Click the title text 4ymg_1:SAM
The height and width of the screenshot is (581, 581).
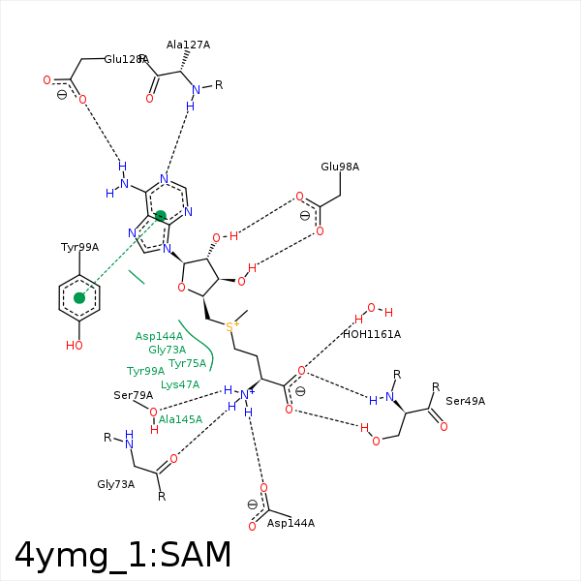[123, 555]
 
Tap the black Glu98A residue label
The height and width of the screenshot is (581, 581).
[340, 167]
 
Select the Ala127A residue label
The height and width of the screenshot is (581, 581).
[188, 45]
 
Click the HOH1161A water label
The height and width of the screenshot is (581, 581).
[371, 334]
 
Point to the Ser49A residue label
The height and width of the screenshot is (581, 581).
[465, 401]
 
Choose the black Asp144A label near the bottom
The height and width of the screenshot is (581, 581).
[290, 523]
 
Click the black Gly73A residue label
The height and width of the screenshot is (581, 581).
[116, 483]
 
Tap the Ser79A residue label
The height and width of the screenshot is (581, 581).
[133, 395]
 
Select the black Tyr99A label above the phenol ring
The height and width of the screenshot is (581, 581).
[79, 247]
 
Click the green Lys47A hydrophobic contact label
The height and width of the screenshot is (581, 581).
[180, 384]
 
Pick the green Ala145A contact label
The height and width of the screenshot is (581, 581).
[180, 419]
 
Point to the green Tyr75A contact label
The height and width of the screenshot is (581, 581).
[188, 363]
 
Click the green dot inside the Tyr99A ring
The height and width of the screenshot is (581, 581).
[79, 298]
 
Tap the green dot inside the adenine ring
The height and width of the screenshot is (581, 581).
[161, 216]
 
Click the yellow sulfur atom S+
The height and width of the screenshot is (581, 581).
[230, 326]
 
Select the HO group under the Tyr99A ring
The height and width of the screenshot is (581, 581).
[75, 345]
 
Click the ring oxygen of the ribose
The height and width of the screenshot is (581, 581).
[181, 287]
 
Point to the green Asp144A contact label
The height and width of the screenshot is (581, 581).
[159, 336]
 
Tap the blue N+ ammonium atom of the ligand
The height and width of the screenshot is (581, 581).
[246, 393]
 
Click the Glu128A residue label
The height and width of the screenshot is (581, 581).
[125, 59]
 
